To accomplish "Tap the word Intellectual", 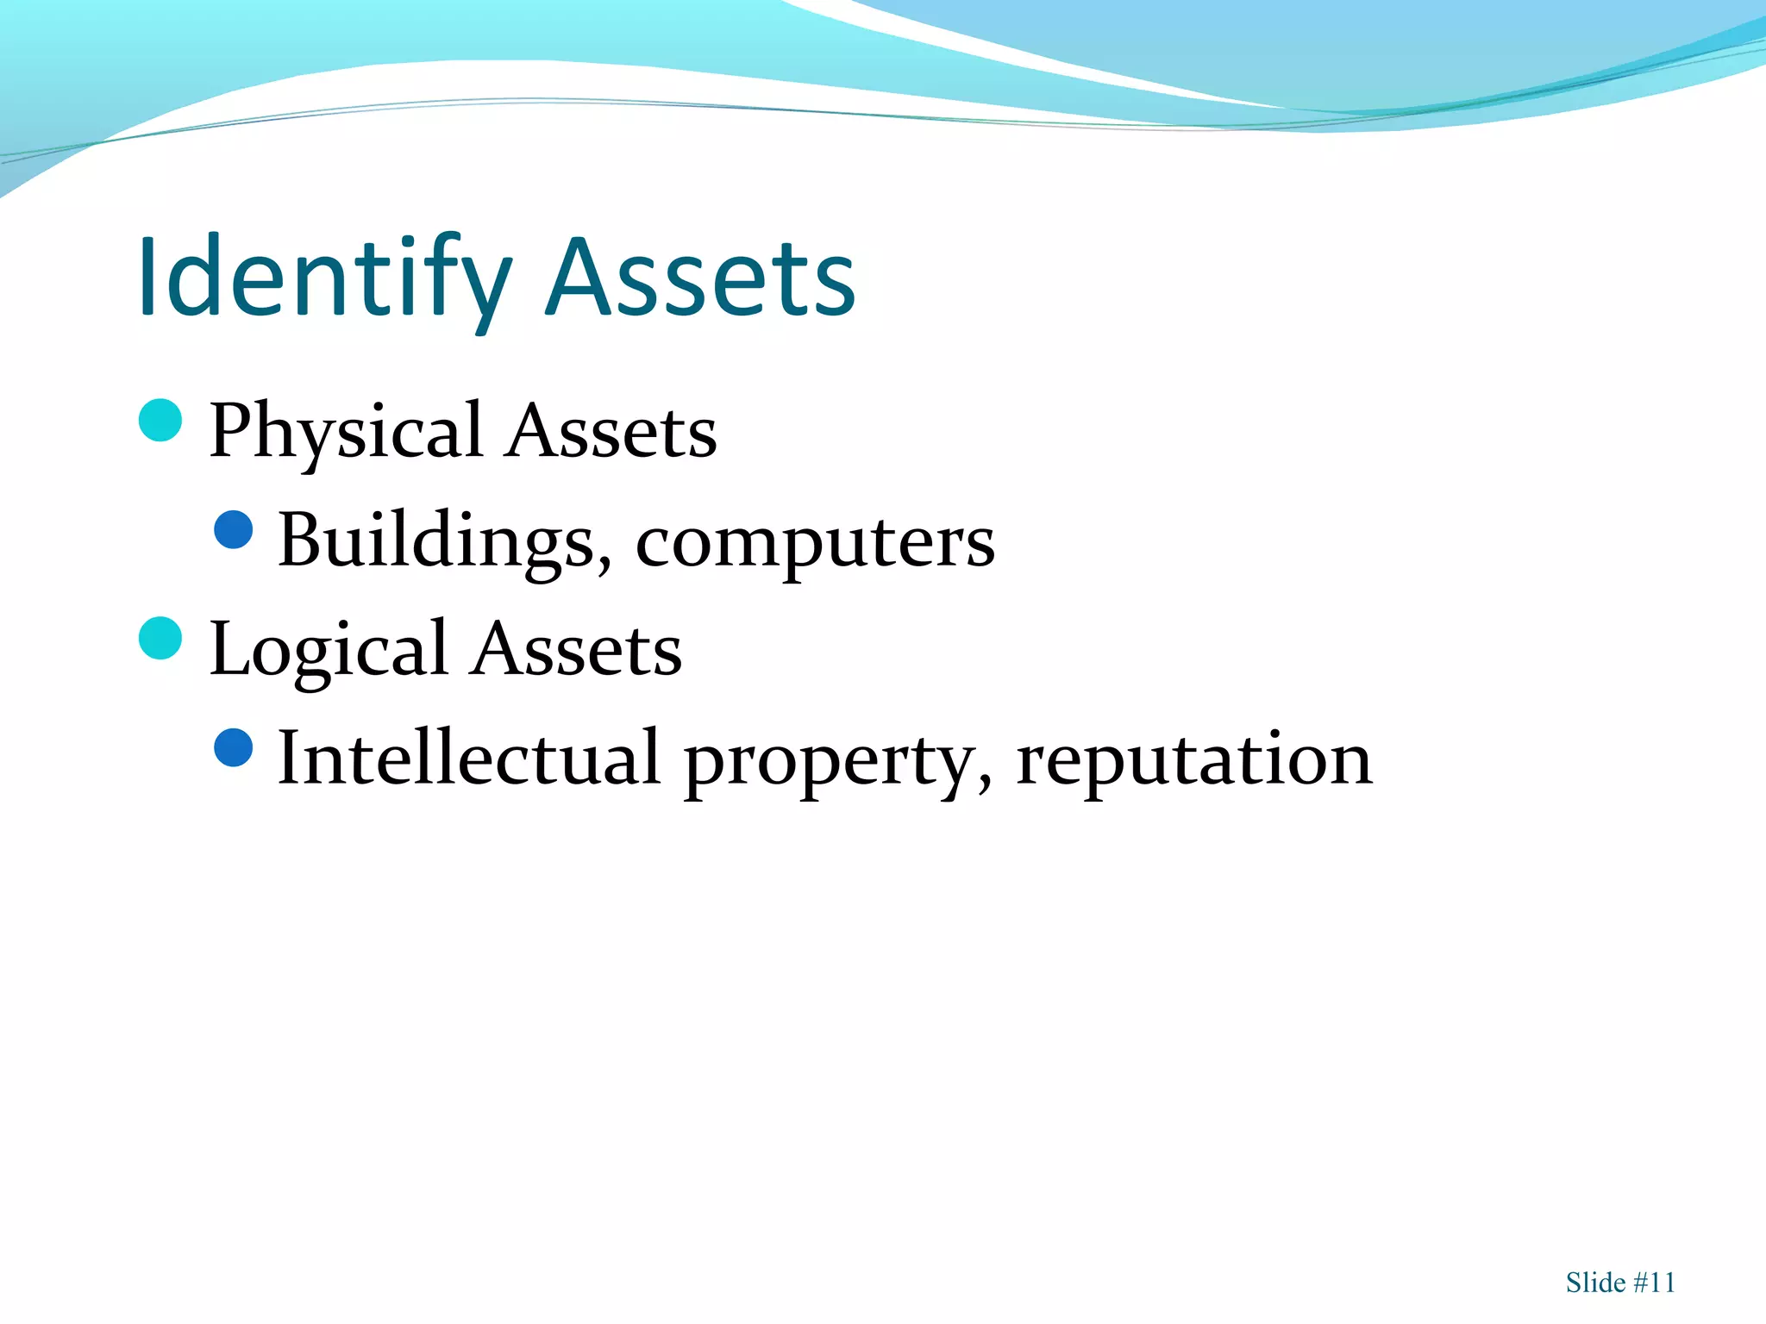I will tap(469, 759).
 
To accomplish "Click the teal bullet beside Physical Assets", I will tap(160, 421).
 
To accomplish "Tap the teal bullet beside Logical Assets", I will tap(160, 639).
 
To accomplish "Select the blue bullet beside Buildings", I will tap(234, 530).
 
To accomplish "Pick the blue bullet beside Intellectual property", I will tap(234, 747).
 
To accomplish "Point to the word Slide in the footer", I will tap(1595, 1283).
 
